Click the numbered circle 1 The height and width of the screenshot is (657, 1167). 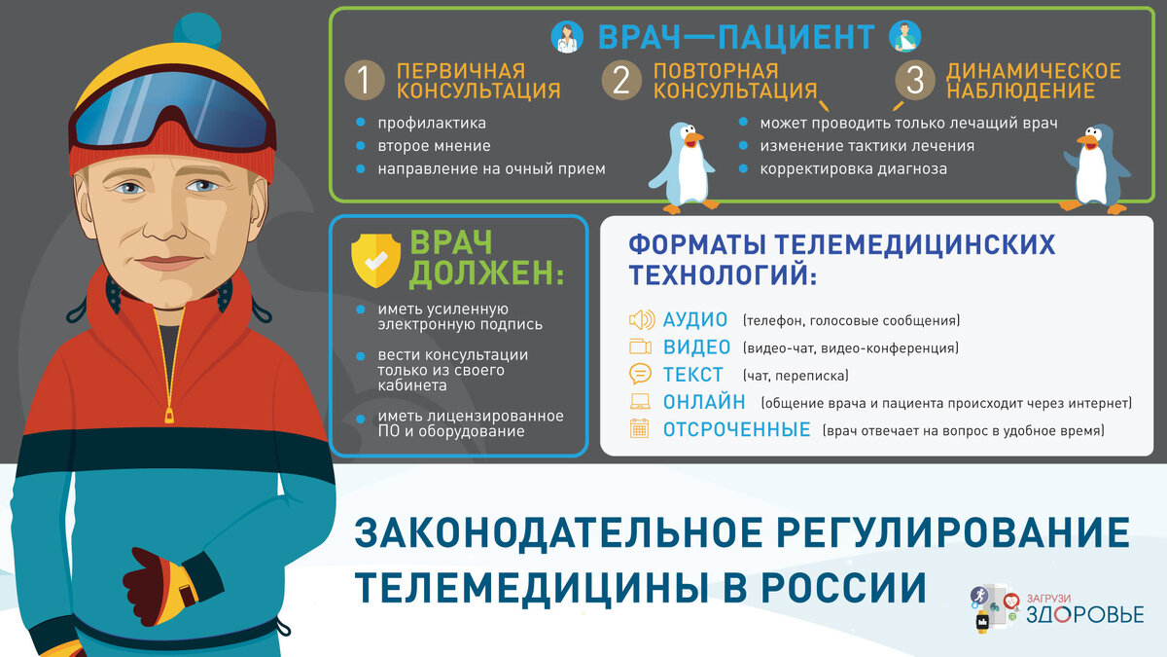pyautogui.click(x=365, y=82)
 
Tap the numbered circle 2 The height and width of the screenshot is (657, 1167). pyautogui.click(x=621, y=82)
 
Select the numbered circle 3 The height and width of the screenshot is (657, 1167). pyautogui.click(x=914, y=82)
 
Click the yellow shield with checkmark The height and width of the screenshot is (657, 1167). pyautogui.click(x=374, y=255)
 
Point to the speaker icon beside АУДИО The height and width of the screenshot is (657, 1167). pyautogui.click(x=641, y=320)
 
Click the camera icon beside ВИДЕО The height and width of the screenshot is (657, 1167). pyautogui.click(x=641, y=347)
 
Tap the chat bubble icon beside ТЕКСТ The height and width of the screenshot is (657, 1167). pyautogui.click(x=641, y=374)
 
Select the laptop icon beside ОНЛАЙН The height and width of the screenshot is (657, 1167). pyautogui.click(x=641, y=401)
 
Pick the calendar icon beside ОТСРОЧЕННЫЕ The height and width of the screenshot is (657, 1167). pyautogui.click(x=640, y=428)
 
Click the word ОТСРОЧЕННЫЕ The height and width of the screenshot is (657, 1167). pyautogui.click(x=736, y=429)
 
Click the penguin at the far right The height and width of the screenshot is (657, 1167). pyautogui.click(x=1099, y=167)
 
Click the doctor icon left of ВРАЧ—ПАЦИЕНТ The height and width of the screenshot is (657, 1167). pyautogui.click(x=566, y=37)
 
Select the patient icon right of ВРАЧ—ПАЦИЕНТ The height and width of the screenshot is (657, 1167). pyautogui.click(x=904, y=37)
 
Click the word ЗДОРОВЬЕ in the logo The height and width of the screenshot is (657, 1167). pyautogui.click(x=1080, y=613)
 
